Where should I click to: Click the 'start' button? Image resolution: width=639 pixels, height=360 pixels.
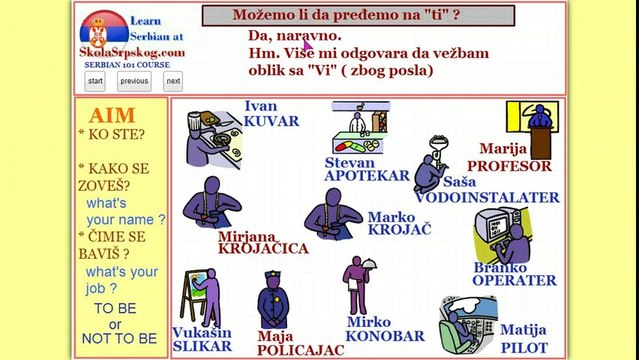(95, 81)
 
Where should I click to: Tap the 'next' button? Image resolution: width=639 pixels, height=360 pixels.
(173, 81)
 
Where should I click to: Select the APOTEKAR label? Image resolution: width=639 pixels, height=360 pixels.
(366, 175)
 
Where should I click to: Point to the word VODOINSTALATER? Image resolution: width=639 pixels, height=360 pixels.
(487, 197)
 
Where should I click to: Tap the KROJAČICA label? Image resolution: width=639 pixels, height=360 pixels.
(263, 249)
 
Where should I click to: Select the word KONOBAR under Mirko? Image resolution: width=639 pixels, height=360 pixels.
(385, 337)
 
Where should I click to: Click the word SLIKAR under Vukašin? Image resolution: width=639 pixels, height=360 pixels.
(201, 346)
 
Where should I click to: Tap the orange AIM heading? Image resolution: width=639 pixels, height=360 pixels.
(111, 114)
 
